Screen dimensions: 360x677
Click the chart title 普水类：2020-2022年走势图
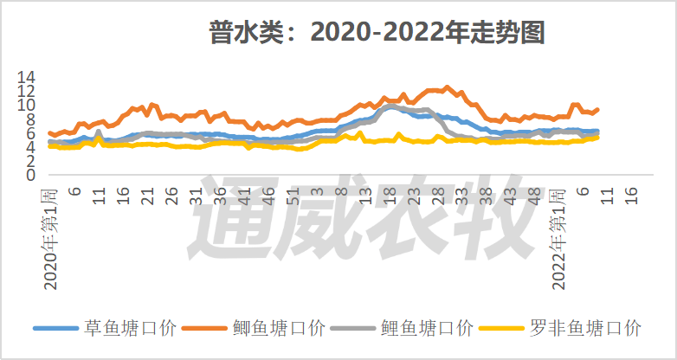(x=376, y=33)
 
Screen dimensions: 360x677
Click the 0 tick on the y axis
(x=30, y=175)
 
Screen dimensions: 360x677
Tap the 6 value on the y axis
(x=30, y=133)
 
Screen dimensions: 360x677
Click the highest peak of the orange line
(x=447, y=87)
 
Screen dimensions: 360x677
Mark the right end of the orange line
(x=597, y=109)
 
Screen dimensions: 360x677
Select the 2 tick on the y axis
(x=30, y=161)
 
